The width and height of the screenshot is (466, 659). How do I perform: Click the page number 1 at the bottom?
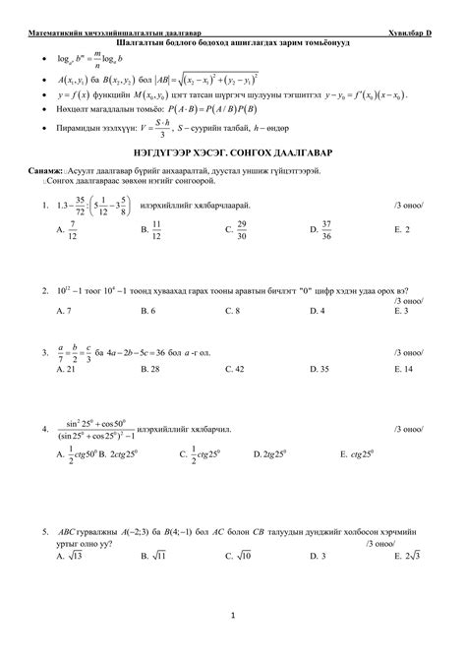(x=233, y=617)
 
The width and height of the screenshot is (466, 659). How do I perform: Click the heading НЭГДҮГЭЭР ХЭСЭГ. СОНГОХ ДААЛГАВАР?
(x=233, y=183)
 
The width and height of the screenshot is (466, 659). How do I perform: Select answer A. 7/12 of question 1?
(x=67, y=257)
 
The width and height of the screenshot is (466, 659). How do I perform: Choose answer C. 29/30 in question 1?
(x=235, y=257)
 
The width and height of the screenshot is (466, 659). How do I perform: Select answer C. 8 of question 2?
(x=232, y=311)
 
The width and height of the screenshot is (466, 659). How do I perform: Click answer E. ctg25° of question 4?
(x=358, y=455)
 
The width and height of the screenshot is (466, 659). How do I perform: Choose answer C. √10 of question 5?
(x=238, y=556)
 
